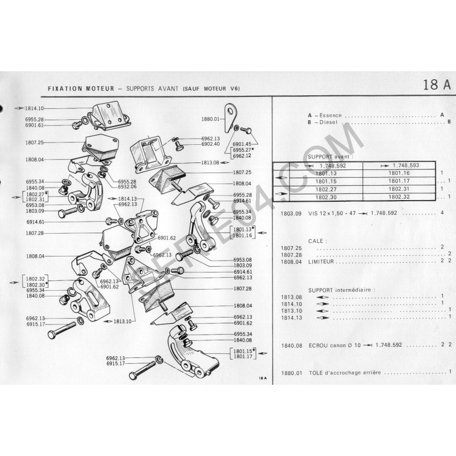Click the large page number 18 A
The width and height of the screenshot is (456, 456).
click(437, 85)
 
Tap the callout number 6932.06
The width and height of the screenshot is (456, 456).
click(127, 186)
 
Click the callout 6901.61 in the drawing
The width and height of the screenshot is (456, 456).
click(35, 125)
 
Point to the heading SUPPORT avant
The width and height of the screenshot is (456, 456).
click(330, 156)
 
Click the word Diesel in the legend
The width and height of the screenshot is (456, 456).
click(329, 122)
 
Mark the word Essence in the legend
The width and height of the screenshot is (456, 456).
click(331, 115)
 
